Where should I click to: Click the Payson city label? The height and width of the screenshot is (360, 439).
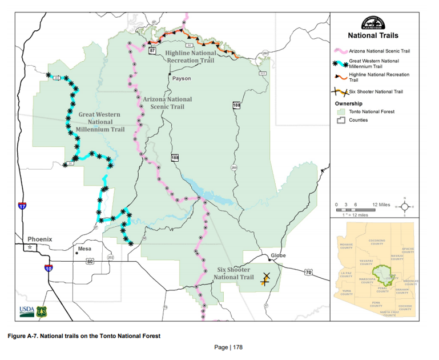(x=181, y=78)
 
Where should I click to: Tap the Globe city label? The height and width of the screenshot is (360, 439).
(x=278, y=255)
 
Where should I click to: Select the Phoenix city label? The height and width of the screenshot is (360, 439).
(x=39, y=239)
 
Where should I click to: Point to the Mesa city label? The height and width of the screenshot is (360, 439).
(x=84, y=249)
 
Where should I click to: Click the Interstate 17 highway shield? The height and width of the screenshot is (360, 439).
(x=22, y=206)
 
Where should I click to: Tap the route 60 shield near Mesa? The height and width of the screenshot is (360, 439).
(x=90, y=261)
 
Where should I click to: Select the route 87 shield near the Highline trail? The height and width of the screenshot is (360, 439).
(x=152, y=51)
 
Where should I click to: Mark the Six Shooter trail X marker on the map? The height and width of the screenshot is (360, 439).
(x=266, y=278)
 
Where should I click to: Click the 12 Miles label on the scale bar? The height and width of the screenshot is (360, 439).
(x=381, y=205)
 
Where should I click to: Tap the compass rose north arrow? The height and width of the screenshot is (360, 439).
(x=405, y=207)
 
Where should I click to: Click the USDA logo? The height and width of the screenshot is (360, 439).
(x=27, y=311)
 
